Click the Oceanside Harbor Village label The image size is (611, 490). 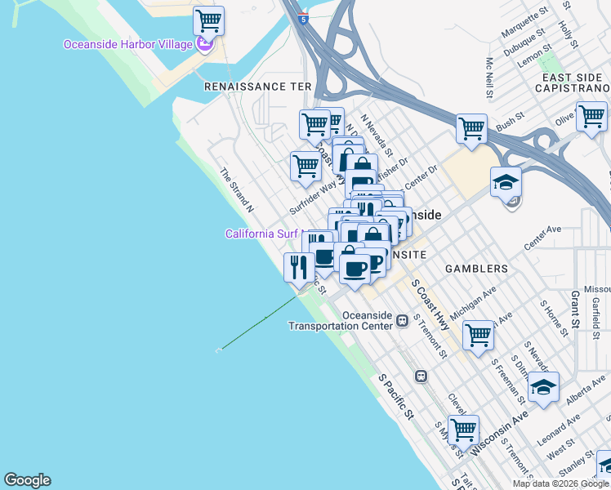tap(128, 44)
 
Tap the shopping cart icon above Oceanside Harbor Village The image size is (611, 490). tap(209, 20)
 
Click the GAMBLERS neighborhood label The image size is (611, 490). tap(476, 268)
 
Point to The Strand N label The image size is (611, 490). tap(236, 190)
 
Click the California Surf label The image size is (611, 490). tap(263, 234)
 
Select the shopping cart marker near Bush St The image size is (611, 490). tap(471, 128)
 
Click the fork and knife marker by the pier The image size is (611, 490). tap(298, 266)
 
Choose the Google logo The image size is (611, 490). tap(27, 480)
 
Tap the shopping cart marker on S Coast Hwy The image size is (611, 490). tap(478, 334)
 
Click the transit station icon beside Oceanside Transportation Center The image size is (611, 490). tap(402, 320)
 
